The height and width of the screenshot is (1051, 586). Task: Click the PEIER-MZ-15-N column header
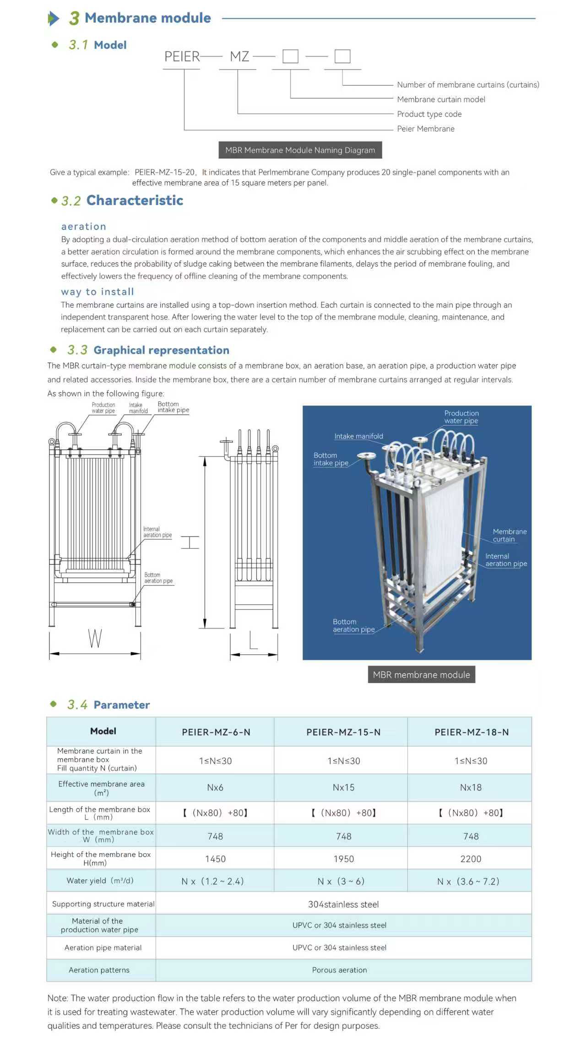[x=343, y=732]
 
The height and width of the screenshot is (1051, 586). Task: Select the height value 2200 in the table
[x=471, y=859]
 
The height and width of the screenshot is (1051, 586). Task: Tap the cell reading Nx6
[x=215, y=787]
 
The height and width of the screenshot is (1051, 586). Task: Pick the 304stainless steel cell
[x=343, y=904]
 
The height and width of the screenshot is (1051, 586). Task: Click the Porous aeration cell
[x=339, y=970]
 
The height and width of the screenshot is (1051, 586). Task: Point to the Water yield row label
[x=100, y=881]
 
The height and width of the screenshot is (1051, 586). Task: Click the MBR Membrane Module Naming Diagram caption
[x=300, y=150]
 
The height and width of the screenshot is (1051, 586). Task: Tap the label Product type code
[x=429, y=114]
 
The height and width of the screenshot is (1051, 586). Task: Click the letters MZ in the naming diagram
[x=239, y=57]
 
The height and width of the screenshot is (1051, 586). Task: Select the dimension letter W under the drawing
[x=95, y=638]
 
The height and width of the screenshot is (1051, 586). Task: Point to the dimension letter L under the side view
[x=253, y=640]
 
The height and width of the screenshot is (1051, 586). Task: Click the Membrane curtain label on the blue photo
[x=509, y=535]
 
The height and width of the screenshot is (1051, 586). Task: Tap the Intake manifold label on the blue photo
[x=358, y=436]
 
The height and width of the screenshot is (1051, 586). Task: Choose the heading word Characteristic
[x=135, y=200]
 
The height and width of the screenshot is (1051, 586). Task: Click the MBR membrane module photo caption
[x=421, y=675]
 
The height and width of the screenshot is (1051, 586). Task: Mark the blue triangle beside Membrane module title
[x=54, y=18]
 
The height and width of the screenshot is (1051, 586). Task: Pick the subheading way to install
[x=98, y=292]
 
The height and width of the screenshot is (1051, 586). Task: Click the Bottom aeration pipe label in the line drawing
[x=158, y=578]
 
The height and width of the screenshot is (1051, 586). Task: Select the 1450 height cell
[x=215, y=859]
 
